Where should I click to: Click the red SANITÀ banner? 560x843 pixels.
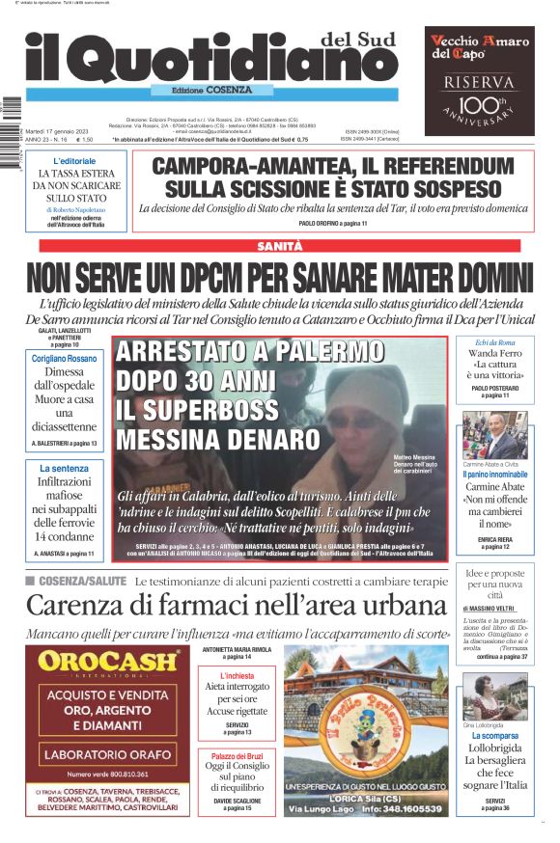[279, 247]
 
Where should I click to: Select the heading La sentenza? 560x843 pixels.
[65, 468]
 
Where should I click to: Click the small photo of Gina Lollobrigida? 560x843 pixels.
[494, 697]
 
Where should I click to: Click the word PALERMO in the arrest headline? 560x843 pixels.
[309, 350]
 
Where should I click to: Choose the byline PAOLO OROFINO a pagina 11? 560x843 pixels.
[333, 223]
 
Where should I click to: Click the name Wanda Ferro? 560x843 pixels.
[494, 354]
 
